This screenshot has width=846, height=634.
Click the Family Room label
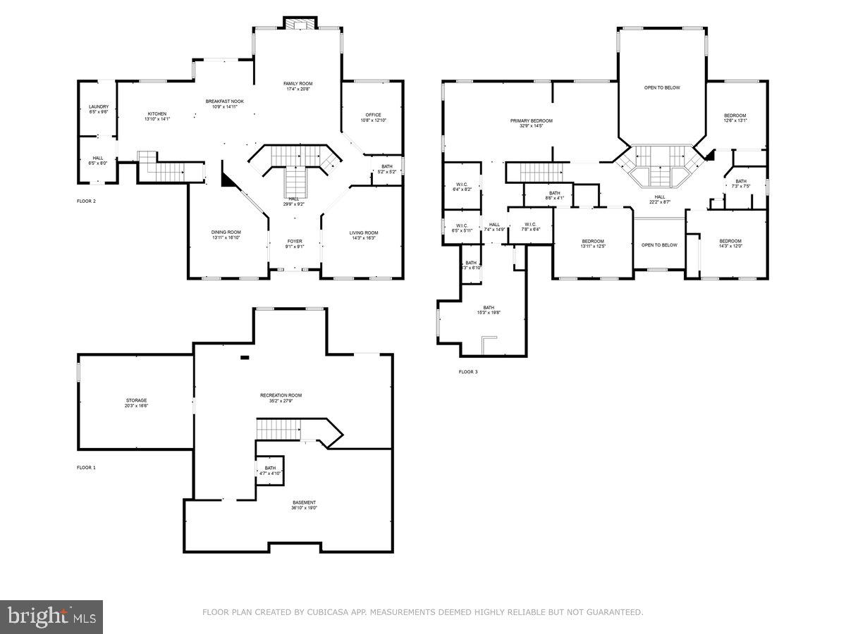point(298,84)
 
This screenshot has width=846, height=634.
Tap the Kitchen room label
point(157,114)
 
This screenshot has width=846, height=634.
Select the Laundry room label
point(99,107)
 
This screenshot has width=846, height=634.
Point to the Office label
point(373,116)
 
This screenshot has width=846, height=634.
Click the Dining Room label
point(226,232)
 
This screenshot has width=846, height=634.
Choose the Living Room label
point(364,233)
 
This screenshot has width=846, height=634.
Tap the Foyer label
point(295,242)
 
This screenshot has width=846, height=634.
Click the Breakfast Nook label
point(225,101)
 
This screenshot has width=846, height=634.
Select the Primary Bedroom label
point(532,121)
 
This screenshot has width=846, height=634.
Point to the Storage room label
point(137,400)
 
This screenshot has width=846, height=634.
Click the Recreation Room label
point(286,396)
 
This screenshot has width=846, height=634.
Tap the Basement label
point(305,503)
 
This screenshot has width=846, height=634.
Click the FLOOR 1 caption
point(86,468)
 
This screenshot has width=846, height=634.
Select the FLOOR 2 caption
point(86,201)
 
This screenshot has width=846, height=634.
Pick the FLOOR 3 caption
point(468,372)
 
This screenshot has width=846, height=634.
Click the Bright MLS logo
point(51,617)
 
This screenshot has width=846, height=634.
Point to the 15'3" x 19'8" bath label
point(489,308)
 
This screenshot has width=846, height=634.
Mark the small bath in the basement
point(271,468)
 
